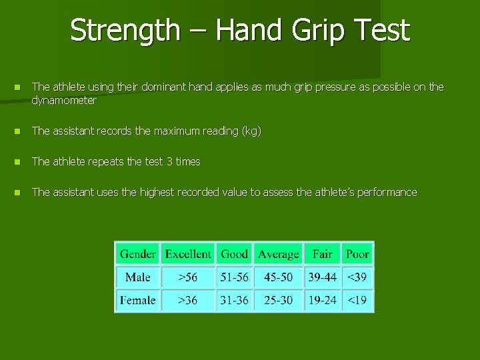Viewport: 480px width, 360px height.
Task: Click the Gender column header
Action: [137, 254]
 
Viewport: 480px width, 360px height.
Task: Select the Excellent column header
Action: [188, 254]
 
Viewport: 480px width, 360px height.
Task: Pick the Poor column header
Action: [357, 254]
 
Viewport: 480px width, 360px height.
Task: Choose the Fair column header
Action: [322, 254]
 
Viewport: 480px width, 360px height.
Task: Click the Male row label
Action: [137, 277]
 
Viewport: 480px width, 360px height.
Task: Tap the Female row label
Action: [137, 300]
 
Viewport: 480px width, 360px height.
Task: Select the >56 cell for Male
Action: [188, 277]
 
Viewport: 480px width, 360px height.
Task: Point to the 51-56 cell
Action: [234, 277]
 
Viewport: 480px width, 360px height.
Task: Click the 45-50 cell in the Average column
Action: [278, 277]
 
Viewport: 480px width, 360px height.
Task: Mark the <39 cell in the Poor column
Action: [357, 277]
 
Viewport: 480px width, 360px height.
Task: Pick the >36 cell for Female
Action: [188, 300]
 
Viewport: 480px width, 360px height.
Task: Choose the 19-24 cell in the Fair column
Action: [322, 300]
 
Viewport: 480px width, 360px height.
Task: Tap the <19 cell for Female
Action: [357, 300]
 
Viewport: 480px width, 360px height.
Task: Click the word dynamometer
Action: [64, 101]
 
